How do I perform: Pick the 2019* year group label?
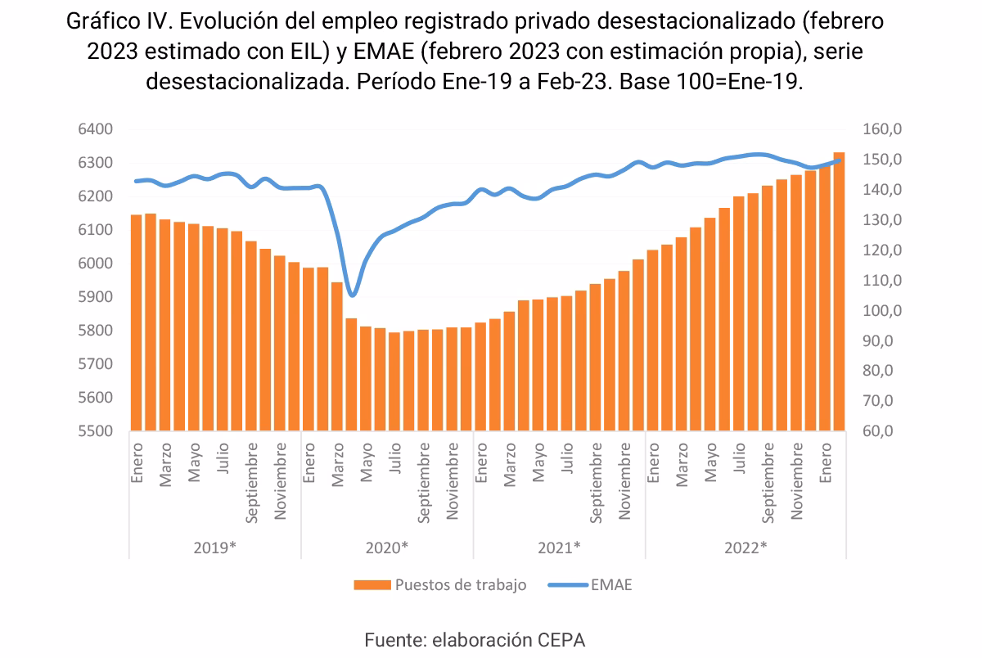[x=214, y=548]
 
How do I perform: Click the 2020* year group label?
[x=387, y=548]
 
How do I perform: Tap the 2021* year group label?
[x=559, y=548]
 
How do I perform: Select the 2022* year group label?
[x=746, y=548]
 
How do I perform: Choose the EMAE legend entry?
[x=610, y=585]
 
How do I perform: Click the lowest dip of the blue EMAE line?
[x=352, y=295]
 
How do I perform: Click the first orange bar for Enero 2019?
[x=136, y=322]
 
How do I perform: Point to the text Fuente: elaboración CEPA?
[x=475, y=640]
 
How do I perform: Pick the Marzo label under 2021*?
[x=511, y=465]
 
